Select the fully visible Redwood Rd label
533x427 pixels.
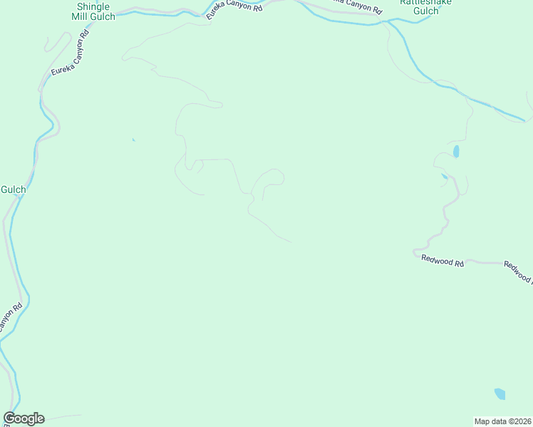[443, 260]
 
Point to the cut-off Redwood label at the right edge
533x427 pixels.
[518, 271]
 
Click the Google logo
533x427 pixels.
[24, 418]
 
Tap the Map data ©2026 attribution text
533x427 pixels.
[503, 421]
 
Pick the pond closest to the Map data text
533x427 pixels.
[500, 394]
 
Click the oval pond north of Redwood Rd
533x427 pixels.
[455, 152]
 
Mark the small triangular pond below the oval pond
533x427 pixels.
[444, 176]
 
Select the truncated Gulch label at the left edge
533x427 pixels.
[13, 189]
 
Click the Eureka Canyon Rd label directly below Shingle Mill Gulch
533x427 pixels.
[70, 54]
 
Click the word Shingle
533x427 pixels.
[93, 6]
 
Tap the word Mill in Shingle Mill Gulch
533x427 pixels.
[84, 16]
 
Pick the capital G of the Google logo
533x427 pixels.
[9, 418]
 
